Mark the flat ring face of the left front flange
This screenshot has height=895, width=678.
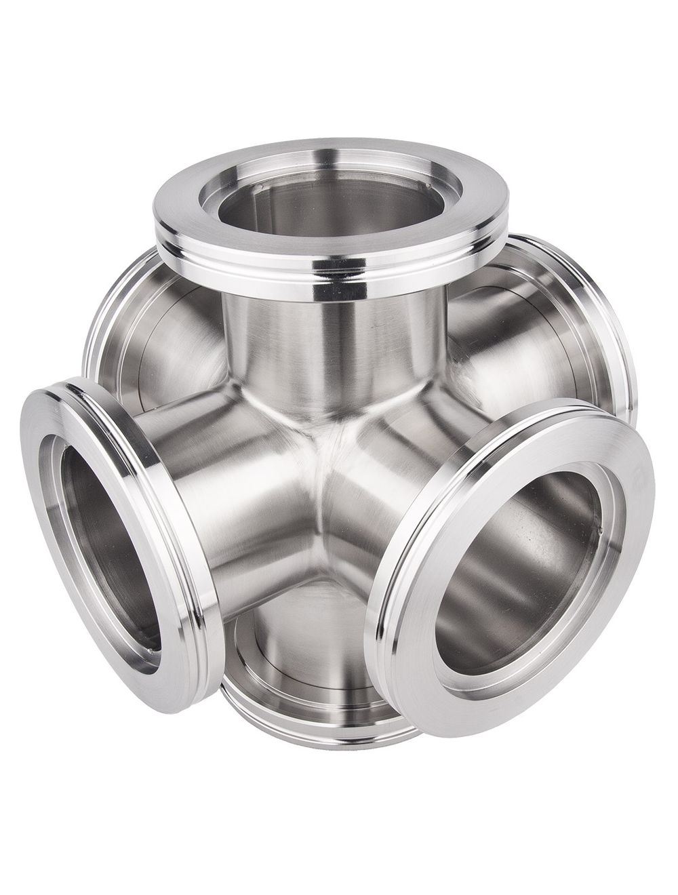point(51,488)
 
